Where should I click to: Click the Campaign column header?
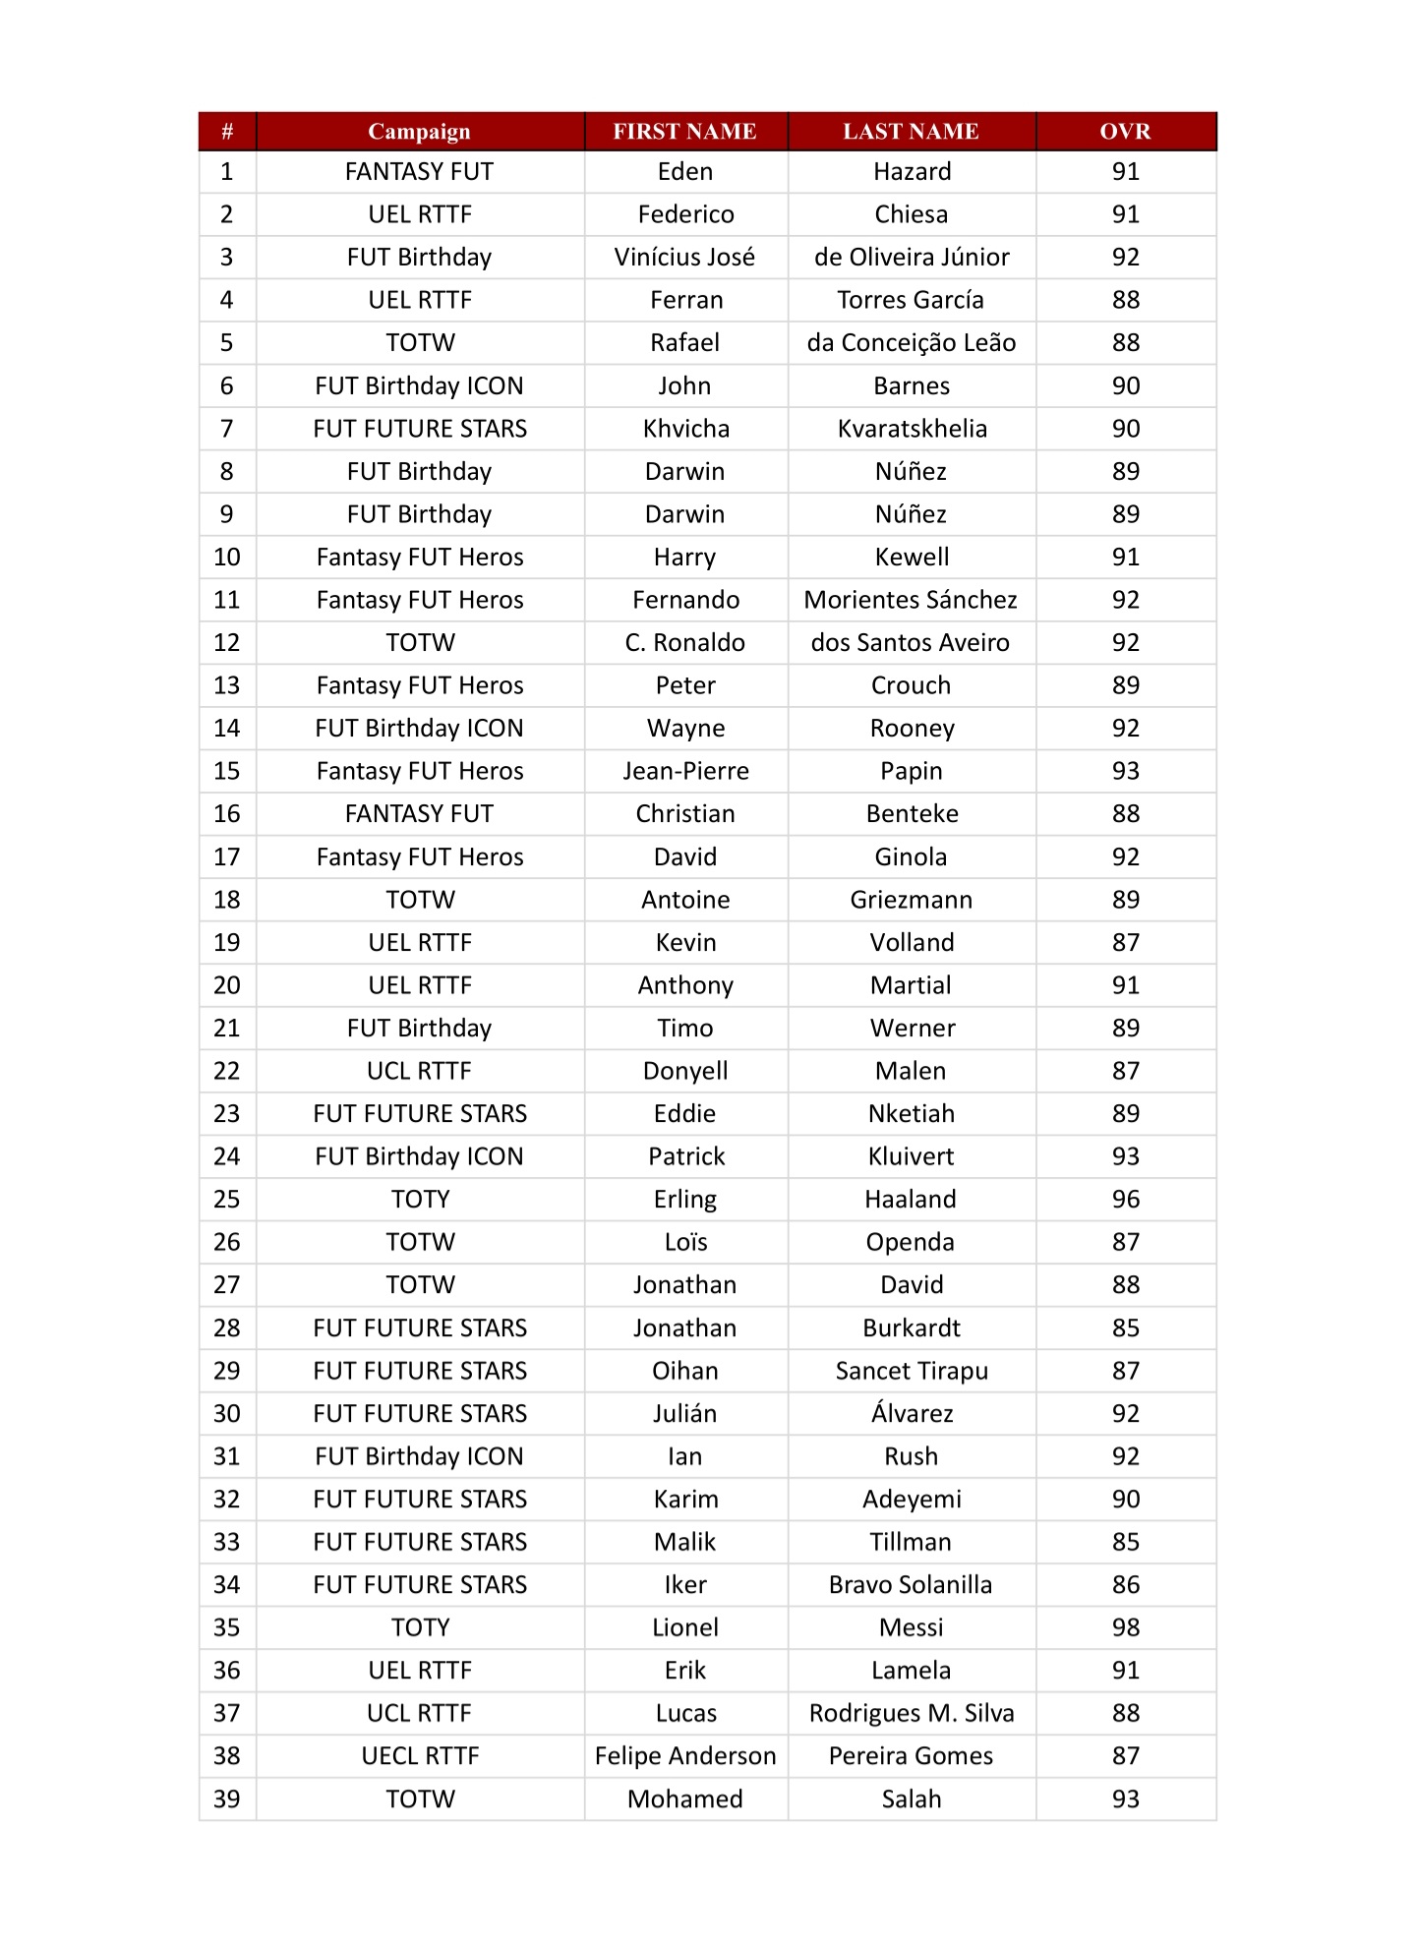click(x=419, y=132)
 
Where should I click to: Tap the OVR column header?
click(x=1125, y=132)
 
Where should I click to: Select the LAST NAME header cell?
click(x=911, y=132)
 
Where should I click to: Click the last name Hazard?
click(x=912, y=172)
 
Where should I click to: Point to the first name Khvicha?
click(x=685, y=429)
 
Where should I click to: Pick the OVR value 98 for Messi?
click(x=1125, y=1627)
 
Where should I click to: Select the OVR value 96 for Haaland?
click(x=1125, y=1200)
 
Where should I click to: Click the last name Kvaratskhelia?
click(x=912, y=429)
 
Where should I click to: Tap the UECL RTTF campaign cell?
click(x=420, y=1756)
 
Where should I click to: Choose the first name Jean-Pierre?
click(x=685, y=771)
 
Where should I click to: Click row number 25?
click(x=227, y=1200)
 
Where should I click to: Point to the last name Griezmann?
click(x=912, y=900)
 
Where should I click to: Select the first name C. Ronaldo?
click(x=685, y=643)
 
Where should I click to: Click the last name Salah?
click(x=912, y=1799)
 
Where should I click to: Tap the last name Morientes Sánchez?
click(x=911, y=600)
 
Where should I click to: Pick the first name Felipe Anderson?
click(x=685, y=1756)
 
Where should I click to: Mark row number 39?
click(x=227, y=1799)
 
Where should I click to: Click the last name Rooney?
click(x=912, y=729)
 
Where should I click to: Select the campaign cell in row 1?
click(x=420, y=172)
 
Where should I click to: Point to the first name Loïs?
click(x=685, y=1242)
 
